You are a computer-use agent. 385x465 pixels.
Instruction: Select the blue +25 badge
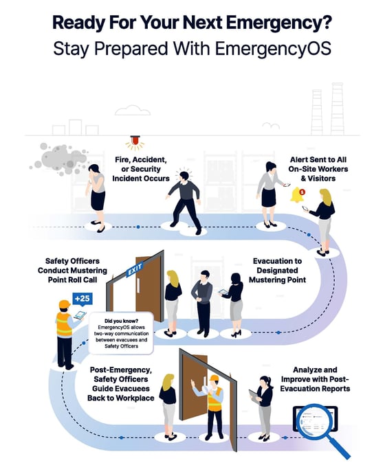82,299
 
